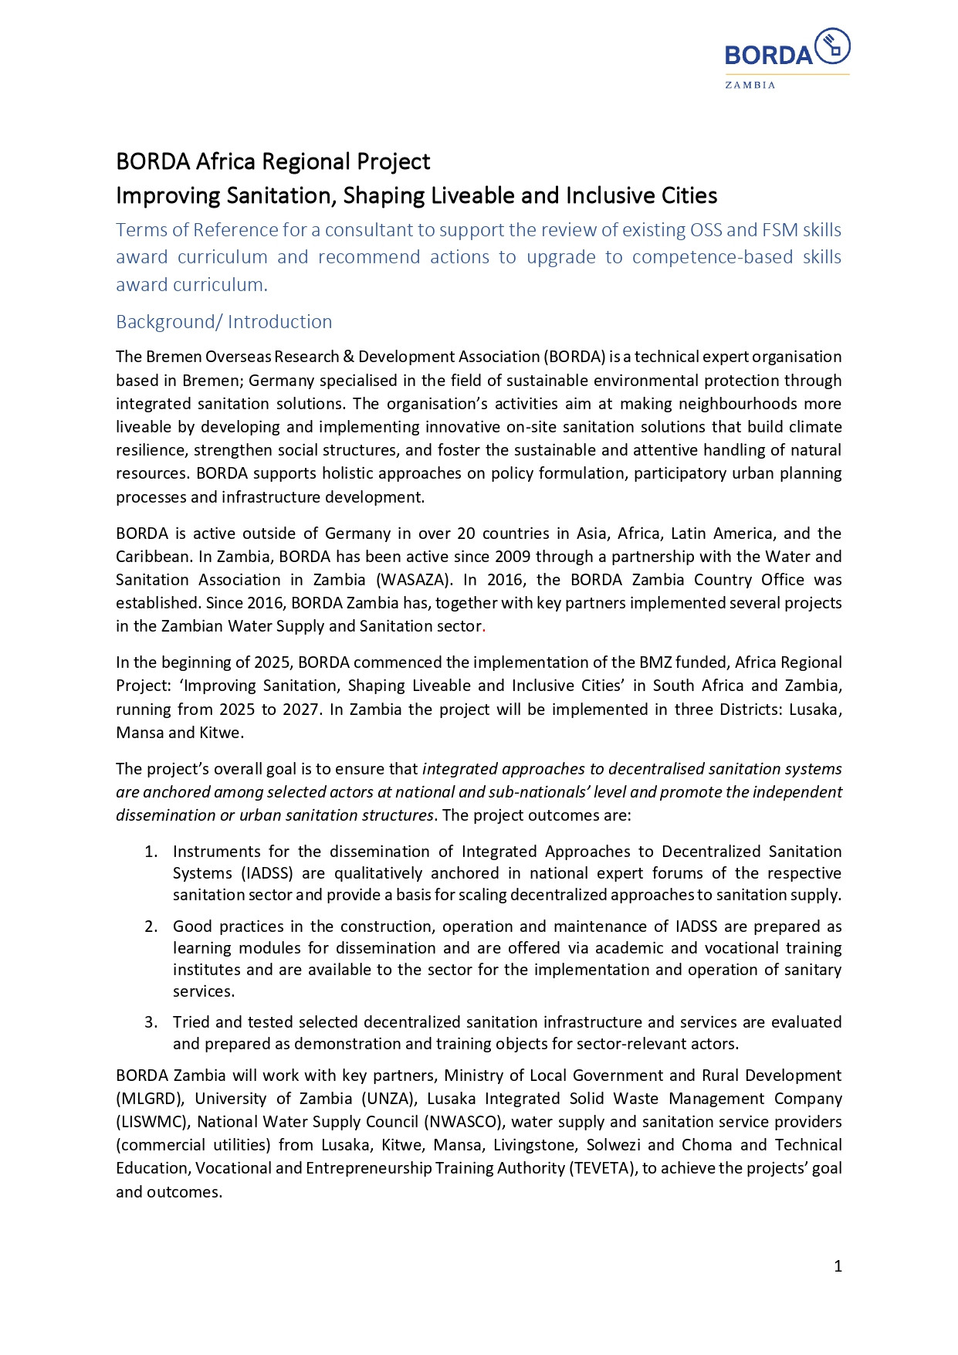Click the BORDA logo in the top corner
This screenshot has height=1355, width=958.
pyautogui.click(x=787, y=50)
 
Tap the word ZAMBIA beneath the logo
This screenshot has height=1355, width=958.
pyautogui.click(x=750, y=85)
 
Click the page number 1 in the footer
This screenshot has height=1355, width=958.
pyautogui.click(x=838, y=1266)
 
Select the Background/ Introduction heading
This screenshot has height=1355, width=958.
pyautogui.click(x=224, y=322)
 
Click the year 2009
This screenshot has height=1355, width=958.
pyautogui.click(x=513, y=557)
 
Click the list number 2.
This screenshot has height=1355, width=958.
pyautogui.click(x=151, y=926)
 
